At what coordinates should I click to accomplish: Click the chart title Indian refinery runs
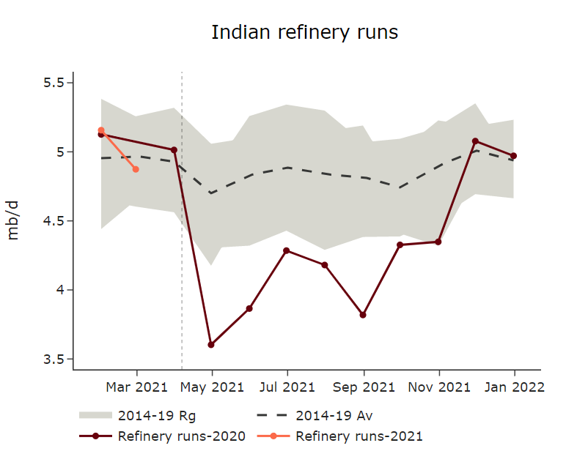304,33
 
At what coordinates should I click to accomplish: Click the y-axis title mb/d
13,220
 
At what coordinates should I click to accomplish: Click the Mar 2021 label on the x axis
136,387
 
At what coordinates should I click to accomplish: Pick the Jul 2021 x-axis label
287,387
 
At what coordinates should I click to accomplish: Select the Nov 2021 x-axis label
438,387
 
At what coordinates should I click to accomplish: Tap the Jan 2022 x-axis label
514,387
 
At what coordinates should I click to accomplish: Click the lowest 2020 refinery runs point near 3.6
211,344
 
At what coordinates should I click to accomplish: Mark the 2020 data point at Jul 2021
287,250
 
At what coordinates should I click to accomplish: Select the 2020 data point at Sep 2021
363,315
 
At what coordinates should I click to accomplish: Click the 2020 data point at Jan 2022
514,156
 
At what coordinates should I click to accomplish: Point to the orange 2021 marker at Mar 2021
136,169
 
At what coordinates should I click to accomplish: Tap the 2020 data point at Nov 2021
438,242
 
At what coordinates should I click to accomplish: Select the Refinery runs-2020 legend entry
161,436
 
